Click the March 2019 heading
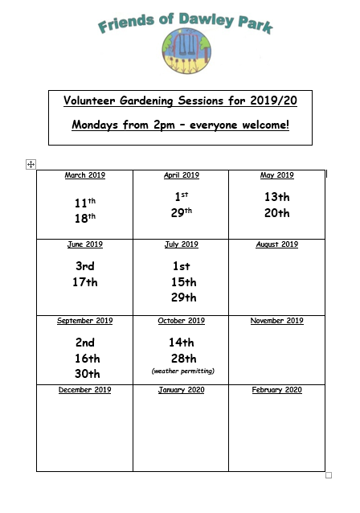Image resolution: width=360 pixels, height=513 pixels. (84, 175)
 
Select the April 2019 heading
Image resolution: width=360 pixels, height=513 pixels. (181, 175)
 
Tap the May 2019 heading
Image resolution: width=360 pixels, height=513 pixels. (277, 175)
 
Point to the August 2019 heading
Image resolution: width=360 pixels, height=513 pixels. (277, 244)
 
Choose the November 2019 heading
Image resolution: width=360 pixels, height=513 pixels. (277, 321)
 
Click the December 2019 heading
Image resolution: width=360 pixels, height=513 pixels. (84, 390)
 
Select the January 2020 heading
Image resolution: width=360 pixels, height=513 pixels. (181, 390)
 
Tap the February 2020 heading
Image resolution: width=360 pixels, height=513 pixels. (277, 390)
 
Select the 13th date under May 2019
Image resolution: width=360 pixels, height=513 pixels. (277, 197)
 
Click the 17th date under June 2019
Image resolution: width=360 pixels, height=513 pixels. (84, 282)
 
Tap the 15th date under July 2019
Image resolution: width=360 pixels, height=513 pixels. (182, 282)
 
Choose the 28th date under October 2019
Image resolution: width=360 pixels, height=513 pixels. (182, 358)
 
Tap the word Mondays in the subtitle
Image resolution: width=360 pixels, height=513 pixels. (100, 125)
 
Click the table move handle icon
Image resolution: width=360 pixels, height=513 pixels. (31, 164)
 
